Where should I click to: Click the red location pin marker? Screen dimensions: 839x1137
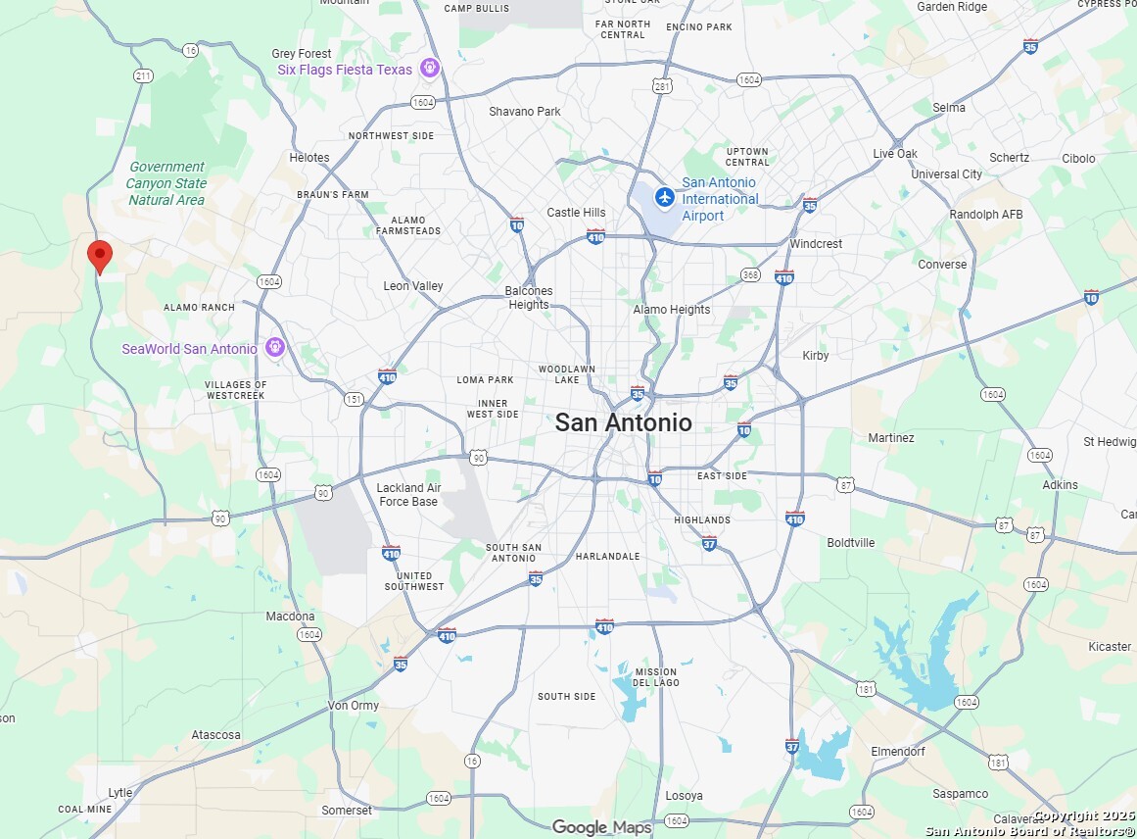click(x=99, y=255)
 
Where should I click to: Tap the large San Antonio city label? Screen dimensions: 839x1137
click(x=623, y=422)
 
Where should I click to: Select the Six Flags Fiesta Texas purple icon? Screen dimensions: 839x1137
click(x=428, y=69)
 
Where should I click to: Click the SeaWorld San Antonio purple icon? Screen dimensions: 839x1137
click(x=275, y=347)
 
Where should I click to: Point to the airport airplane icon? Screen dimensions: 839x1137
click(x=665, y=197)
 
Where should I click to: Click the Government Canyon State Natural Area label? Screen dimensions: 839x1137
click(x=166, y=183)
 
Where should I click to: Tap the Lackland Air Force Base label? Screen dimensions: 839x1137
click(x=408, y=494)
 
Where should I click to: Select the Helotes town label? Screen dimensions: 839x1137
click(x=309, y=157)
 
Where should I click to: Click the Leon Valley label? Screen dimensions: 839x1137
click(x=413, y=286)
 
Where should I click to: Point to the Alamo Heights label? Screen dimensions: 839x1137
click(x=671, y=310)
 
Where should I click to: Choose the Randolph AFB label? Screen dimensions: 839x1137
click(x=985, y=215)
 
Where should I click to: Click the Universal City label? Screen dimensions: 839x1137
click(x=946, y=174)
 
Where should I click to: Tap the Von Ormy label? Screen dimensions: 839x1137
click(x=354, y=706)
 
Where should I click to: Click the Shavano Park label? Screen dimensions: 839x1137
click(x=525, y=112)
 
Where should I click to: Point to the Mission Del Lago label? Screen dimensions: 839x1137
click(x=655, y=677)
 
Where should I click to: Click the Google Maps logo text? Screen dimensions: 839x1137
click(x=601, y=827)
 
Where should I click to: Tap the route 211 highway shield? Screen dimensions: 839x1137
click(x=144, y=75)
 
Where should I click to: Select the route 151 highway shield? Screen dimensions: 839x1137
click(x=354, y=399)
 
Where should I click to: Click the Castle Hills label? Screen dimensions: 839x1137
click(x=576, y=213)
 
